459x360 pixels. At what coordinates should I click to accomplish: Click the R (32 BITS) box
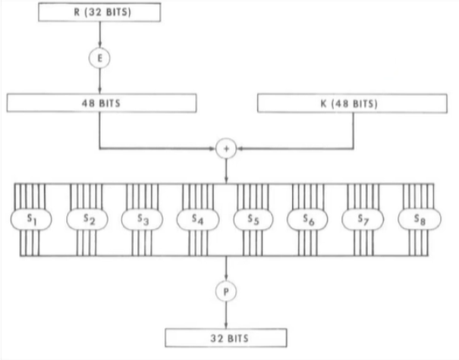[99, 12]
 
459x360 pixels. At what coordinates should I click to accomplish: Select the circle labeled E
[99, 58]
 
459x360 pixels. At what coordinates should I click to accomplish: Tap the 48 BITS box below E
[102, 103]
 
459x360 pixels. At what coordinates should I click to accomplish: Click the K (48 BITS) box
[352, 103]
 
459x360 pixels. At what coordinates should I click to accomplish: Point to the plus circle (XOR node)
[226, 149]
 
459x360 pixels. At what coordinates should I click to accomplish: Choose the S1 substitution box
[31, 219]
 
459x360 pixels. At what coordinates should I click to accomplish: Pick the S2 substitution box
[87, 219]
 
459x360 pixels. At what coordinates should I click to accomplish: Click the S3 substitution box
[143, 219]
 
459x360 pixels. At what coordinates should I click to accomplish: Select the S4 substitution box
[198, 219]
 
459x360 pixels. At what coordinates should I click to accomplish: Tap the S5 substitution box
[253, 219]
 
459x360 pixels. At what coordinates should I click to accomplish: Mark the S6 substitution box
[307, 219]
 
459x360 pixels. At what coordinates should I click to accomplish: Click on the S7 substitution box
[363, 219]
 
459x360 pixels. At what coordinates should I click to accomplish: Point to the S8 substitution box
[420, 219]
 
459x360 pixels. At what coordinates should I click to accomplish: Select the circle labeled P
[226, 291]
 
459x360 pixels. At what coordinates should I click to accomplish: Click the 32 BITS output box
[226, 338]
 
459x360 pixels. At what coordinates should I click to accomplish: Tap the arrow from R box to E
[100, 35]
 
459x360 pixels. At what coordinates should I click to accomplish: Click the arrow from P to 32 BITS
[225, 315]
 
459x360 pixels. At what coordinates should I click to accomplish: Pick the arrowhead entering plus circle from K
[240, 149]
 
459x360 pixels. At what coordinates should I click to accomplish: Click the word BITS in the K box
[364, 104]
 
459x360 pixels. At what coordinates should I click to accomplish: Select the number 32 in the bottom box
[217, 338]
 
